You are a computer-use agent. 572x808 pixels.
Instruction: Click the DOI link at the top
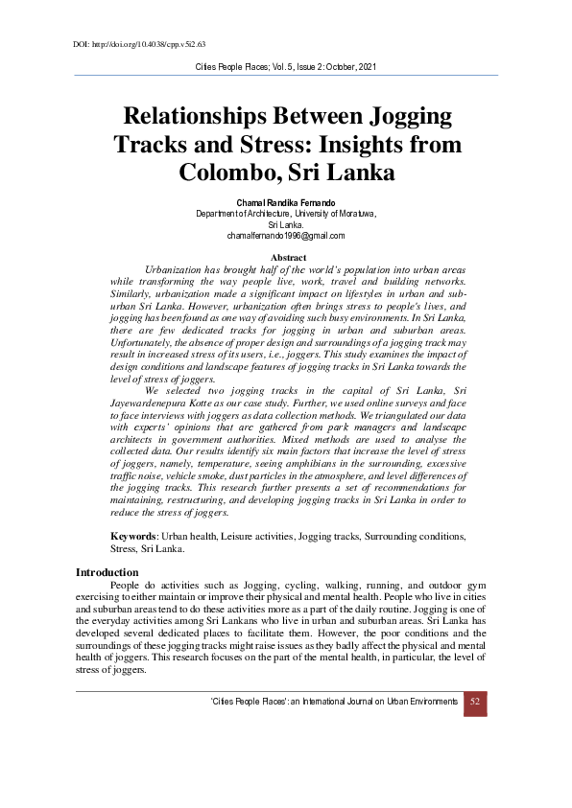[139, 44]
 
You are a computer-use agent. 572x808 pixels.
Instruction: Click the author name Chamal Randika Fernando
[286, 203]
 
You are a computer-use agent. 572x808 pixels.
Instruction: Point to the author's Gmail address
[286, 235]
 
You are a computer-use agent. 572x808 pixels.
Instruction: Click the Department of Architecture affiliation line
[286, 214]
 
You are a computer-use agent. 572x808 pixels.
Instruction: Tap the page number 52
[475, 702]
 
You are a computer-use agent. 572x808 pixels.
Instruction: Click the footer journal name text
[333, 702]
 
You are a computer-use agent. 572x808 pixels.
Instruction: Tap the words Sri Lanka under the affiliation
[286, 224]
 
